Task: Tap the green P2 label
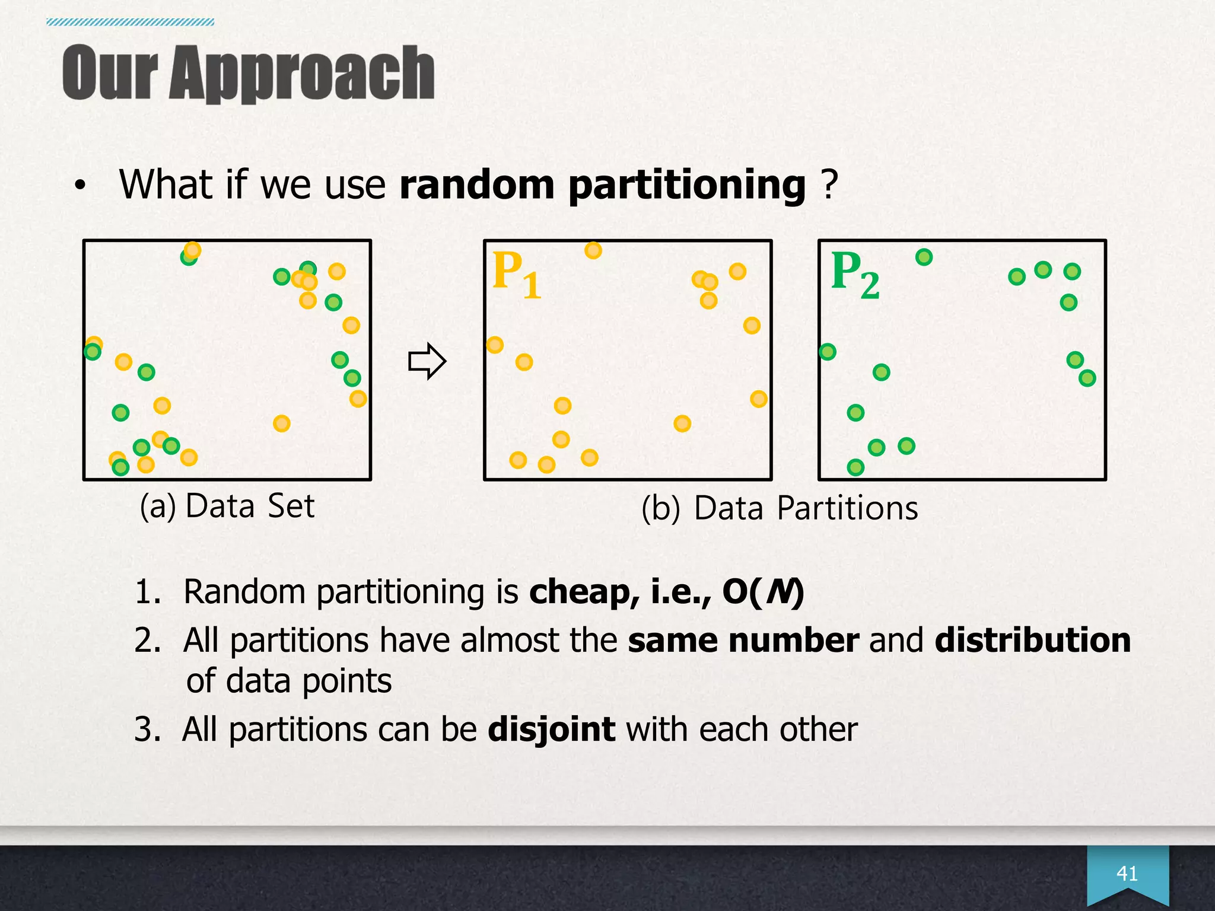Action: pyautogui.click(x=855, y=274)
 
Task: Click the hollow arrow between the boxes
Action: pyautogui.click(x=427, y=361)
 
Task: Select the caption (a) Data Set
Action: pyautogui.click(x=227, y=507)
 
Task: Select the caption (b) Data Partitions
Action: pyautogui.click(x=779, y=509)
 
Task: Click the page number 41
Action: pyautogui.click(x=1127, y=873)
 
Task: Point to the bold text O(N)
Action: pyautogui.click(x=763, y=592)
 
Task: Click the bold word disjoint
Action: pyautogui.click(x=551, y=729)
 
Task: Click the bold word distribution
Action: pyautogui.click(x=1032, y=641)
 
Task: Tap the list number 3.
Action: pyautogui.click(x=146, y=730)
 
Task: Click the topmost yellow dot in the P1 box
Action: pyautogui.click(x=593, y=250)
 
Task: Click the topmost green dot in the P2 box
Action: pyautogui.click(x=924, y=257)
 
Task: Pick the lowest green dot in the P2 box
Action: pyautogui.click(x=855, y=467)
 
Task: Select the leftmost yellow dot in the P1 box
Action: pyautogui.click(x=495, y=345)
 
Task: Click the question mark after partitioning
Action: pyautogui.click(x=829, y=185)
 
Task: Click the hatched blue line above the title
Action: pyautogui.click(x=131, y=23)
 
